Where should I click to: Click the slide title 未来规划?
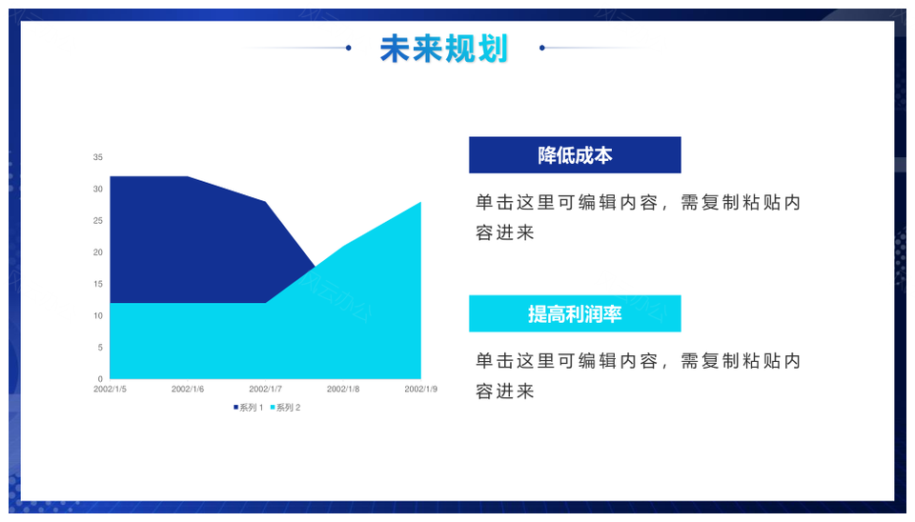click(443, 49)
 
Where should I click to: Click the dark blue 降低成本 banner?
click(575, 155)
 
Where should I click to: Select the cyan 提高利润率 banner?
click(575, 313)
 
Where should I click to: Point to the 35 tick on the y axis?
click(97, 157)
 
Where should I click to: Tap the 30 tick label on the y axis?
click(97, 189)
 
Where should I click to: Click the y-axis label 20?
click(97, 252)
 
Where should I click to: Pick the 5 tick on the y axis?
click(100, 348)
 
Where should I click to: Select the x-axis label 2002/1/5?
click(110, 389)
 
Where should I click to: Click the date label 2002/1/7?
click(266, 389)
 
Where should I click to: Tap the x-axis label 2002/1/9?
click(420, 389)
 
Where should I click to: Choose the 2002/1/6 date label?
click(188, 389)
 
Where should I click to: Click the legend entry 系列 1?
click(249, 408)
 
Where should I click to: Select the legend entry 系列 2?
click(285, 408)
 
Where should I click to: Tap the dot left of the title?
click(349, 48)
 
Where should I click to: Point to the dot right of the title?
click(542, 48)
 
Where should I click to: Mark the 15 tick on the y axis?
click(97, 284)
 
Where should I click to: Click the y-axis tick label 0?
click(100, 379)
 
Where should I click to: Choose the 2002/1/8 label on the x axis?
click(343, 389)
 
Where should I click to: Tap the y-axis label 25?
click(97, 220)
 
